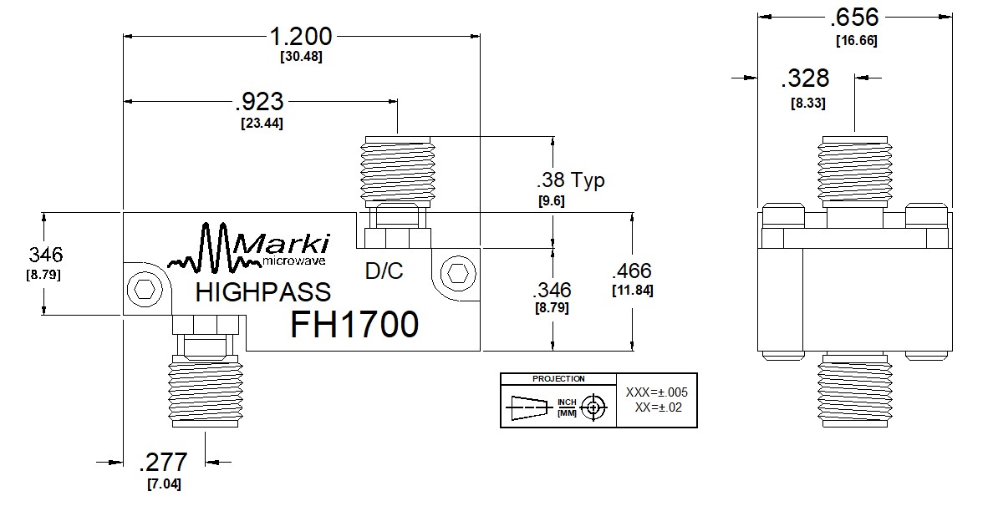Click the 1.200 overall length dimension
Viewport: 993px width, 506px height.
point(301,37)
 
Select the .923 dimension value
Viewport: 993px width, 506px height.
point(259,101)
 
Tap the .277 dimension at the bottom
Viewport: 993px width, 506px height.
point(163,462)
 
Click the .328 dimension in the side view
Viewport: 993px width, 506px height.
point(805,78)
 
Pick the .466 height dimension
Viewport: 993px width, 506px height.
point(631,271)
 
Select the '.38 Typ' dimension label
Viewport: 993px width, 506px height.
point(571,180)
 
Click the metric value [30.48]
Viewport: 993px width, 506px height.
point(301,56)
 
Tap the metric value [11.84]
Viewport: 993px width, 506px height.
point(633,291)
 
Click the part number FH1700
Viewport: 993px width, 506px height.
point(354,324)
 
